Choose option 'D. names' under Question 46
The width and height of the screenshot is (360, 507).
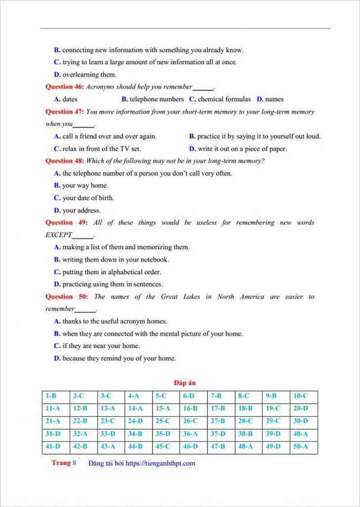click(270, 99)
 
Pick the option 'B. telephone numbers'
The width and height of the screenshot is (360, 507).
click(153, 99)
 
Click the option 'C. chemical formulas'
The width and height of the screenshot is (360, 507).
click(220, 99)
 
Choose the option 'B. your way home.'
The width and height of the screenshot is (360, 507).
click(81, 186)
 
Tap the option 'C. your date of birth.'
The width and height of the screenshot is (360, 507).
click(84, 198)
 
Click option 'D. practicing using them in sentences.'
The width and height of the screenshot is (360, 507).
click(108, 284)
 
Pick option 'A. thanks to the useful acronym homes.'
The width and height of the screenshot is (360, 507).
click(110, 321)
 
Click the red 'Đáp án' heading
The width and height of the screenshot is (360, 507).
click(184, 383)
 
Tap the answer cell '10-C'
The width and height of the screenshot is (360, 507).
click(300, 396)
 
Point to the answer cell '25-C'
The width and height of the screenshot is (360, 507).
click(162, 421)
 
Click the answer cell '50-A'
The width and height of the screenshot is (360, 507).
click(300, 447)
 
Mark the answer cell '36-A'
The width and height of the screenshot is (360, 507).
click(190, 434)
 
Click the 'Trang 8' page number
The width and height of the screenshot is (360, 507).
click(64, 463)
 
